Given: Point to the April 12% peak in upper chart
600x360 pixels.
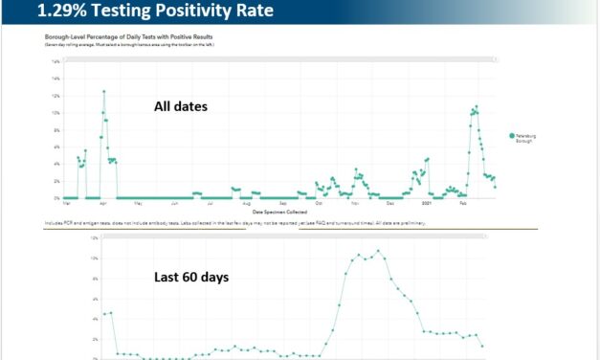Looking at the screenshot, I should (x=103, y=92).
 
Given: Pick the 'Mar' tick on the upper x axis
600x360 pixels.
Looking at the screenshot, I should (x=65, y=204).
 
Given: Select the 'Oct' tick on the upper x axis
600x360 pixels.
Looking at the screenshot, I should (x=319, y=204).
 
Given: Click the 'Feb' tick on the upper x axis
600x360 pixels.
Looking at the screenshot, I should (x=463, y=204).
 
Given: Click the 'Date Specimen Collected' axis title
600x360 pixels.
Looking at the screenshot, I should (x=279, y=212).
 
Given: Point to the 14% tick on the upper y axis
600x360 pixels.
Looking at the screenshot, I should (x=56, y=61).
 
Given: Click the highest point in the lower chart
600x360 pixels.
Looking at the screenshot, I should (x=378, y=251).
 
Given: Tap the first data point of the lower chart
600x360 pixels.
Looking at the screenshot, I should (x=104, y=314).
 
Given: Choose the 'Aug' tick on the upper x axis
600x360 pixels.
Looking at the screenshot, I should (x=246, y=204).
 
